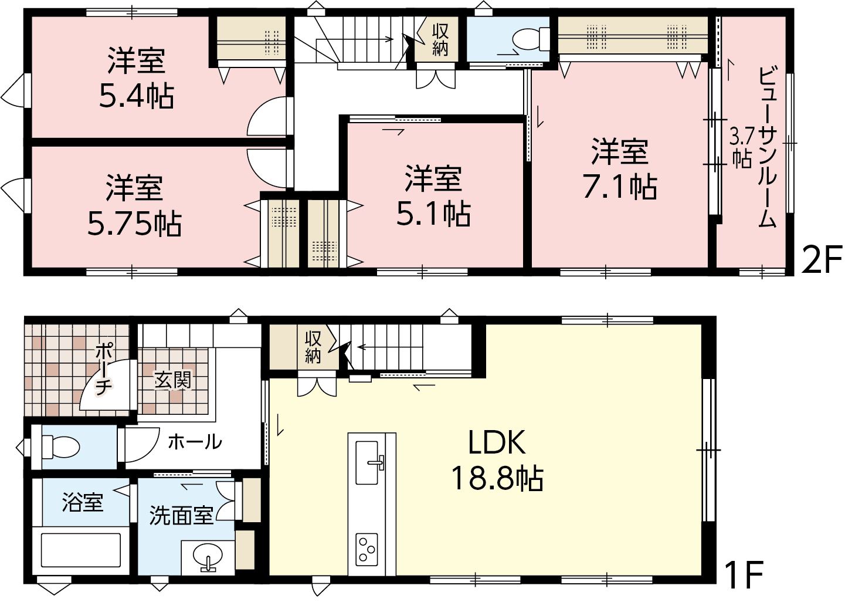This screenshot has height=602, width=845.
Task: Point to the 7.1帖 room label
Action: tap(620, 186)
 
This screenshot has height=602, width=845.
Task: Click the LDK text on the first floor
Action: tap(497, 443)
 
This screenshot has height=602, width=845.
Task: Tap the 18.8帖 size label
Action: tap(497, 478)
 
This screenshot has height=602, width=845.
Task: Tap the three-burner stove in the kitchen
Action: tap(366, 549)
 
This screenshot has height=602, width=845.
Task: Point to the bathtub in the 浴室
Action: tap(81, 550)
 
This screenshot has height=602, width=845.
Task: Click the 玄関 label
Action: tap(173, 380)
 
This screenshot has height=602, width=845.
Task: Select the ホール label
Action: tap(195, 442)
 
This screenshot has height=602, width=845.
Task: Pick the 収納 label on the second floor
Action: tap(440, 39)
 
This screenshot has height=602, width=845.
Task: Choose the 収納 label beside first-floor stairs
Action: tap(313, 347)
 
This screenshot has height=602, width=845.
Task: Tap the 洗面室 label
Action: tap(181, 516)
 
